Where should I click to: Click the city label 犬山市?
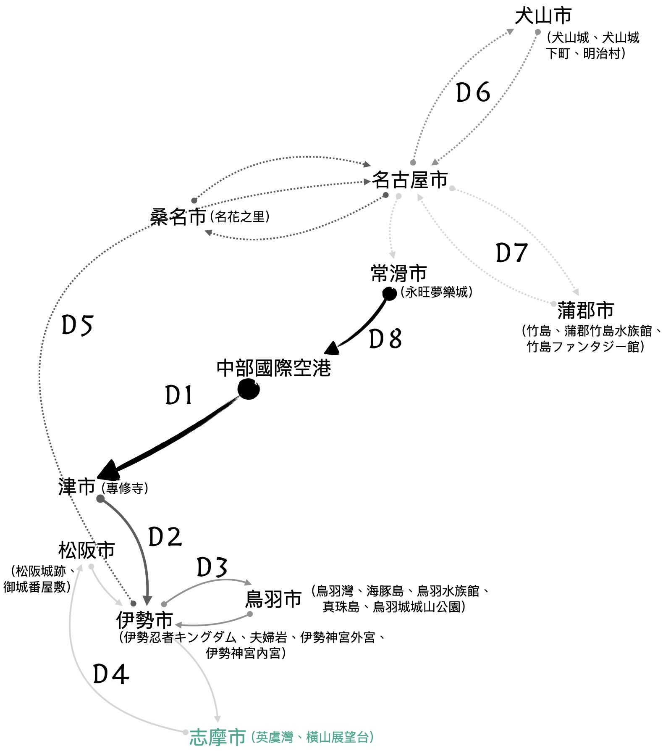pyautogui.click(x=543, y=16)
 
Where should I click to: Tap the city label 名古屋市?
pyautogui.click(x=410, y=180)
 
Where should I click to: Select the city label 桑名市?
pyautogui.click(x=178, y=217)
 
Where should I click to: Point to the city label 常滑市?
pyautogui.click(x=399, y=273)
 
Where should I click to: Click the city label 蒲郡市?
pyautogui.click(x=585, y=311)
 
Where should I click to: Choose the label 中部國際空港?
pyautogui.click(x=274, y=368)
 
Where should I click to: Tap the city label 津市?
pyautogui.click(x=77, y=487)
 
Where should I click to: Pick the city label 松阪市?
pyautogui.click(x=86, y=550)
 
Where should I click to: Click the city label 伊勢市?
pyautogui.click(x=144, y=619)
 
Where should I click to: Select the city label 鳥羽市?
pyautogui.click(x=273, y=599)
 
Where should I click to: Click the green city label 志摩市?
pyautogui.click(x=218, y=736)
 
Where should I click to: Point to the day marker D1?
pyautogui.click(x=179, y=395)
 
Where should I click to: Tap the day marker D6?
pyautogui.click(x=473, y=92)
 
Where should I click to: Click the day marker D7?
pyautogui.click(x=511, y=253)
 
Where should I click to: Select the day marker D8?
pyautogui.click(x=385, y=339)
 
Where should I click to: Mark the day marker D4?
pyautogui.click(x=111, y=675)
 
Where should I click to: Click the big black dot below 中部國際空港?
pyautogui.click(x=248, y=389)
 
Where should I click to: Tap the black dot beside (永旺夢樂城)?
pyautogui.click(x=389, y=294)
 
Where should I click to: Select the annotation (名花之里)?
pyautogui.click(x=240, y=217)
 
